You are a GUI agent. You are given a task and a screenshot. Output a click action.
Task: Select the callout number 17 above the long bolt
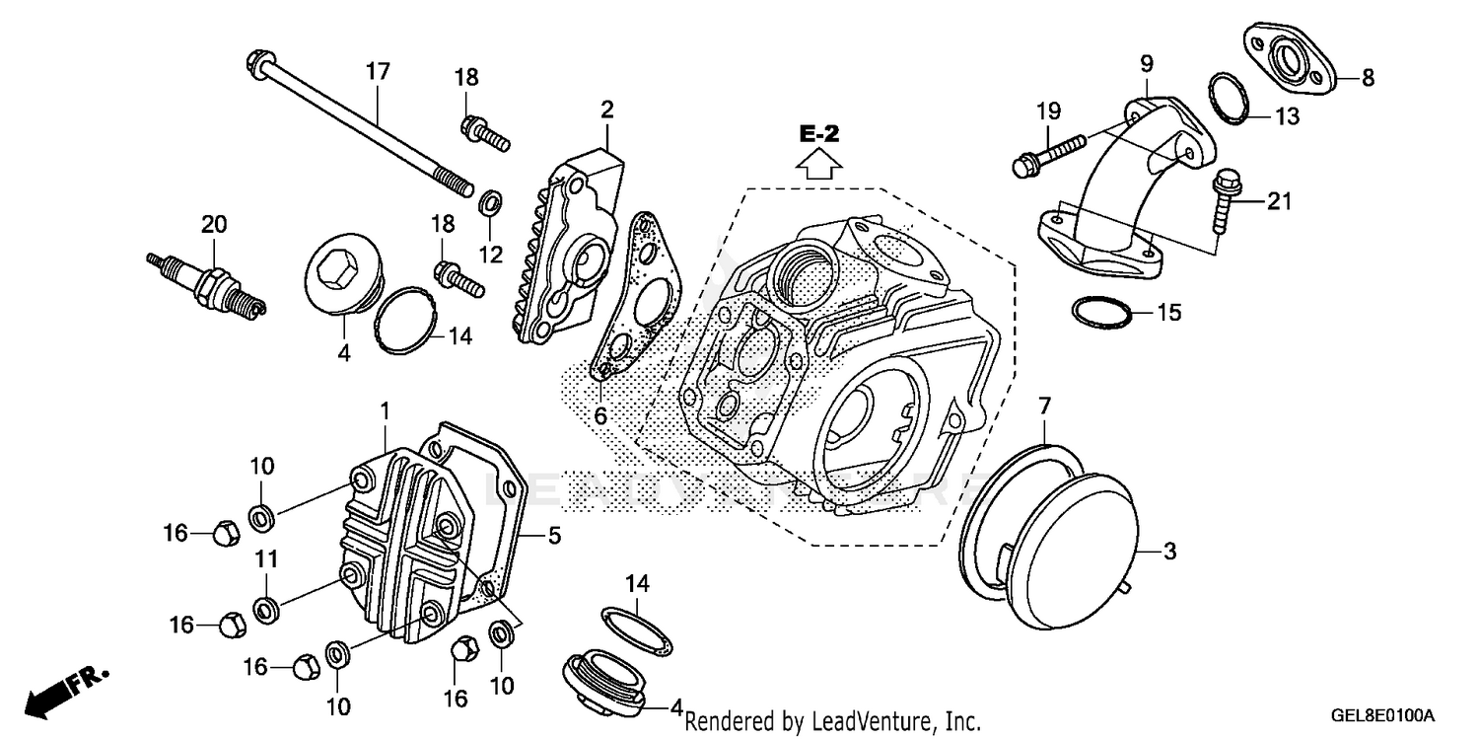[x=378, y=72]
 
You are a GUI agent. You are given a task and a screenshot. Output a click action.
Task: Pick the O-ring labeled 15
[x=1101, y=312]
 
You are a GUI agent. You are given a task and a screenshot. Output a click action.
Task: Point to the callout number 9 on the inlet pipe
[x=1147, y=64]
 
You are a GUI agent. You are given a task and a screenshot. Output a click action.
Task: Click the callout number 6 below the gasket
[x=599, y=416]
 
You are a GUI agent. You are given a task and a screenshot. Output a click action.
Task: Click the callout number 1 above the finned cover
[x=386, y=408]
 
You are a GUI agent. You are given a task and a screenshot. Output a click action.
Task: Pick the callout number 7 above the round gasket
[x=1044, y=406]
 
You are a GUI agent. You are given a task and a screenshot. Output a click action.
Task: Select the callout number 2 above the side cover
[x=606, y=108]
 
